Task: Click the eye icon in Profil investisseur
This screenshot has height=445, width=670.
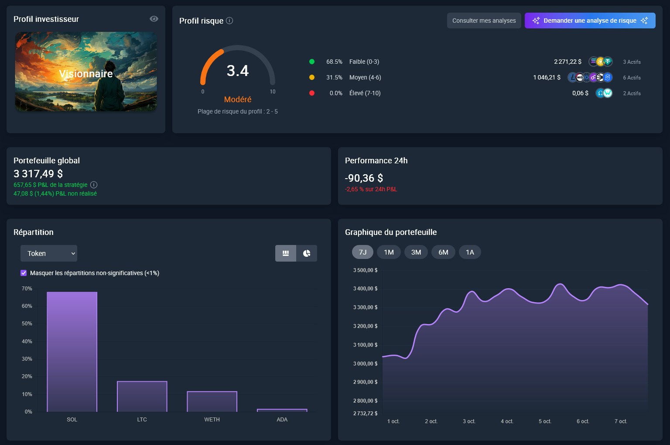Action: pyautogui.click(x=154, y=19)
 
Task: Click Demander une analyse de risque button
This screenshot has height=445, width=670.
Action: pyautogui.click(x=590, y=21)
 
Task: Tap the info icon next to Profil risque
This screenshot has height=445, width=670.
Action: pyautogui.click(x=229, y=21)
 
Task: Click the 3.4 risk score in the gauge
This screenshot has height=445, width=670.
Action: pyautogui.click(x=238, y=71)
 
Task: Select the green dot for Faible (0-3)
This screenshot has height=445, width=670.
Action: pyautogui.click(x=312, y=62)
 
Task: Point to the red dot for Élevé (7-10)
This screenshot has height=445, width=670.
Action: pyautogui.click(x=312, y=93)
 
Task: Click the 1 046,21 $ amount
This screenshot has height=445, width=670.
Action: pyautogui.click(x=547, y=77)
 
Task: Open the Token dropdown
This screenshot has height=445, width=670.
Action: pyautogui.click(x=49, y=253)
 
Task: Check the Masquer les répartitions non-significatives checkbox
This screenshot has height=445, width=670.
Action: pyautogui.click(x=24, y=273)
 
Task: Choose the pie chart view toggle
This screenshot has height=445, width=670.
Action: pyautogui.click(x=307, y=253)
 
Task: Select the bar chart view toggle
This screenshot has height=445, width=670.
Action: pyautogui.click(x=286, y=253)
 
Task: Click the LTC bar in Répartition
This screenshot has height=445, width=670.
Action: pyautogui.click(x=142, y=397)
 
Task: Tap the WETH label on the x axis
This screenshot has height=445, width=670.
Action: pyautogui.click(x=212, y=420)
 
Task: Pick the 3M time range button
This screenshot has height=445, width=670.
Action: pyautogui.click(x=416, y=252)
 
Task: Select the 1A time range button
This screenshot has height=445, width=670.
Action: pyautogui.click(x=470, y=252)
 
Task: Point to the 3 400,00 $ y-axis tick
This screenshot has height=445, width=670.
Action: pyautogui.click(x=366, y=289)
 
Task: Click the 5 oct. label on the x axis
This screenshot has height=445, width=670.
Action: pyautogui.click(x=545, y=421)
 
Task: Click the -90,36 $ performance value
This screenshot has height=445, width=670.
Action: pyautogui.click(x=364, y=178)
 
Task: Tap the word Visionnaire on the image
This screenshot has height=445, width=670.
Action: pyautogui.click(x=86, y=74)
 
